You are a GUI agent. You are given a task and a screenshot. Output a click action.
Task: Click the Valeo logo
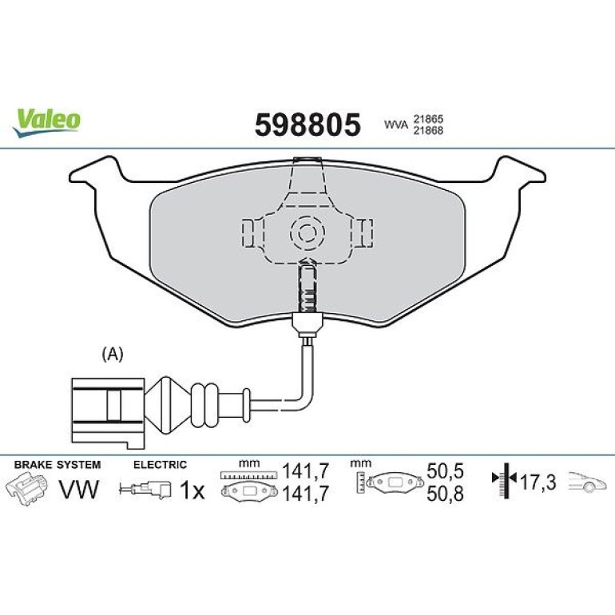pos(47,122)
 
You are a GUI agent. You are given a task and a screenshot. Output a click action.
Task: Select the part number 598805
pos(307,125)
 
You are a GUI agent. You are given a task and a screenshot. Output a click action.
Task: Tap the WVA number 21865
pos(427,119)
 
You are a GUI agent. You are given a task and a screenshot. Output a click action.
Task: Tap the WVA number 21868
pos(427,131)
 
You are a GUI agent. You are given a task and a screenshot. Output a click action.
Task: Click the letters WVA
pos(396,125)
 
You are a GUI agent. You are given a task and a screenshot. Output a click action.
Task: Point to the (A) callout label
pos(113,354)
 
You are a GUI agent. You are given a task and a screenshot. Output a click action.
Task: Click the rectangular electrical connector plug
pos(108,413)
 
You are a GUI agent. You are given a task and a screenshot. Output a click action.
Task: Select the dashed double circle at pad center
pos(307,233)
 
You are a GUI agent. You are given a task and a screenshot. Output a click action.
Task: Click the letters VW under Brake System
pos(79,490)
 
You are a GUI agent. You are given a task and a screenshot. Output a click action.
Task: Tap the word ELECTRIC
pos(160,465)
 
